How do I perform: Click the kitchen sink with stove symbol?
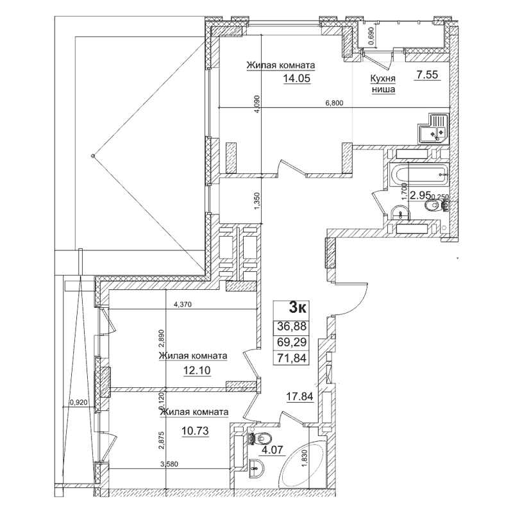pos(433,127)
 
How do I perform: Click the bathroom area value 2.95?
pos(420,196)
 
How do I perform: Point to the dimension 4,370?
pos(186,305)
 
